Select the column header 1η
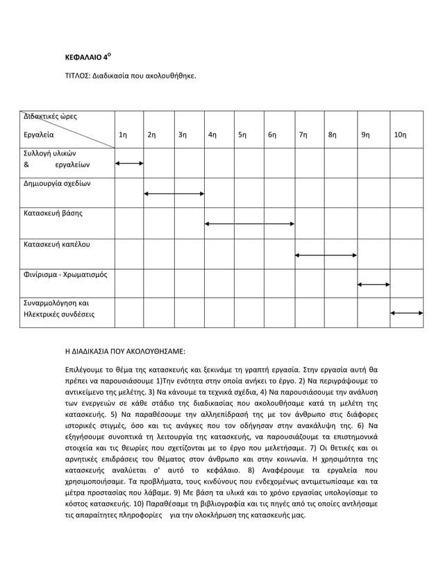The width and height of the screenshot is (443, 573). point(123,135)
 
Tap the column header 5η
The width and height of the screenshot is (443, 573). point(242,135)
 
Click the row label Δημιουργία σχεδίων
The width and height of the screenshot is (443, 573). point(57,184)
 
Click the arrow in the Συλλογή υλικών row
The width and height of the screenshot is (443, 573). point(129,164)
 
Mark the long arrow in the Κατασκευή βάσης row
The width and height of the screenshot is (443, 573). point(249,224)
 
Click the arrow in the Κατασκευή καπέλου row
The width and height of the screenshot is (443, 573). point(326,255)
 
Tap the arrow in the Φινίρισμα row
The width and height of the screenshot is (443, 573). point(373,284)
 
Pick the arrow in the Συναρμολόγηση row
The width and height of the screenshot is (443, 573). point(407,314)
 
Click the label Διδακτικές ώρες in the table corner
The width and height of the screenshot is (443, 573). point(51,116)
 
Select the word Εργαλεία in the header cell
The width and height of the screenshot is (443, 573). point(39,135)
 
